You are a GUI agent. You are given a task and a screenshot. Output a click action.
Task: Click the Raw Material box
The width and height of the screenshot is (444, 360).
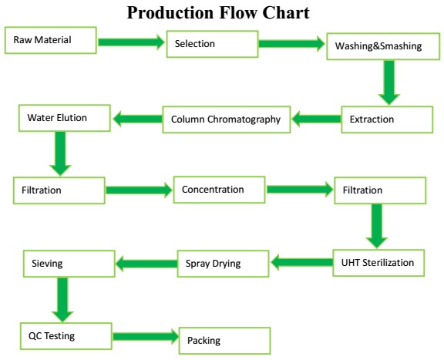51,40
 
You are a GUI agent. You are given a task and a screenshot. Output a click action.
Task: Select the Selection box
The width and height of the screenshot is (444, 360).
213,44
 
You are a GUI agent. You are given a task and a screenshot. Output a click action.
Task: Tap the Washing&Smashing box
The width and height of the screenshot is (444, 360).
383,46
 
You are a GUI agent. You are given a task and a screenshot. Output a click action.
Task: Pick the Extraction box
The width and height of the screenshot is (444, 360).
387,119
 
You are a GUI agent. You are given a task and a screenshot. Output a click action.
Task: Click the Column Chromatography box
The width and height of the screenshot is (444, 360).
227,119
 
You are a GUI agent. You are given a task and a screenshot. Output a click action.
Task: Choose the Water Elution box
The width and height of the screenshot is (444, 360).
65,118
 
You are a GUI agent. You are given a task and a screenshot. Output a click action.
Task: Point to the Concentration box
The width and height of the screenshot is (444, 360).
220,190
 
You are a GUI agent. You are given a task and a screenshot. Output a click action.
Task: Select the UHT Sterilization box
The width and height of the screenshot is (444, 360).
378,263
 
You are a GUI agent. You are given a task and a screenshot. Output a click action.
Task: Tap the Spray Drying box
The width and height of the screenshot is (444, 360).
223,264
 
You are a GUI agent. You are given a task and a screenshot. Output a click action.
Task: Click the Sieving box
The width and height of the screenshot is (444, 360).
69,264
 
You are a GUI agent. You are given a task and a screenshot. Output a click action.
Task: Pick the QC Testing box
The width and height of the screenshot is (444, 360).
66,336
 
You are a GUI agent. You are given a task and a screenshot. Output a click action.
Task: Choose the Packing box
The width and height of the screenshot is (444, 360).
225,341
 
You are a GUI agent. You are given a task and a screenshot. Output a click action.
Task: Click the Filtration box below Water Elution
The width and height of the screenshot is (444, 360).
59,190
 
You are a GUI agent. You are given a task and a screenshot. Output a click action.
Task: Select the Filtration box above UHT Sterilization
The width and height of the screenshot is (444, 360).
380,190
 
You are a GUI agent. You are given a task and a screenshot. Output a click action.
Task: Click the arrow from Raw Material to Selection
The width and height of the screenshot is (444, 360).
131,42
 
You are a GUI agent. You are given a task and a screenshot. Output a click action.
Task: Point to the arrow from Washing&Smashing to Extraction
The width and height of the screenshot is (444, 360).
389,82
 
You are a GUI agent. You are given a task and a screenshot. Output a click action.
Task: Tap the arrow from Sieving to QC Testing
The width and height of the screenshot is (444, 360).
62,300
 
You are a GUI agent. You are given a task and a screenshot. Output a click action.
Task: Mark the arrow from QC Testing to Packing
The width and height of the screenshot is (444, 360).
146,337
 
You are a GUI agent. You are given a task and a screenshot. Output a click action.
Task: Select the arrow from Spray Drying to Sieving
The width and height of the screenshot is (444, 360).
146,264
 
